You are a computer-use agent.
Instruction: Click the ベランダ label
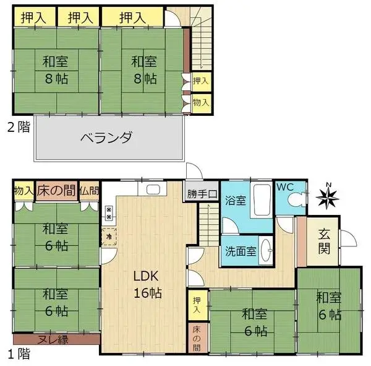[106, 137]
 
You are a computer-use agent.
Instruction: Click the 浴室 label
[234, 201]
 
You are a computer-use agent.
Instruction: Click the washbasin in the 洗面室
[265, 251]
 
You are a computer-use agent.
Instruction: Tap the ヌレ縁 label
[56, 339]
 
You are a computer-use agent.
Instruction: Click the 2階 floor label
[17, 128]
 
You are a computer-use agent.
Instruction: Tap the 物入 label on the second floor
[200, 101]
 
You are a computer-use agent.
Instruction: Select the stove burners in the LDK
[109, 214]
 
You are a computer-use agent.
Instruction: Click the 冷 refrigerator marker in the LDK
[109, 236]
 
